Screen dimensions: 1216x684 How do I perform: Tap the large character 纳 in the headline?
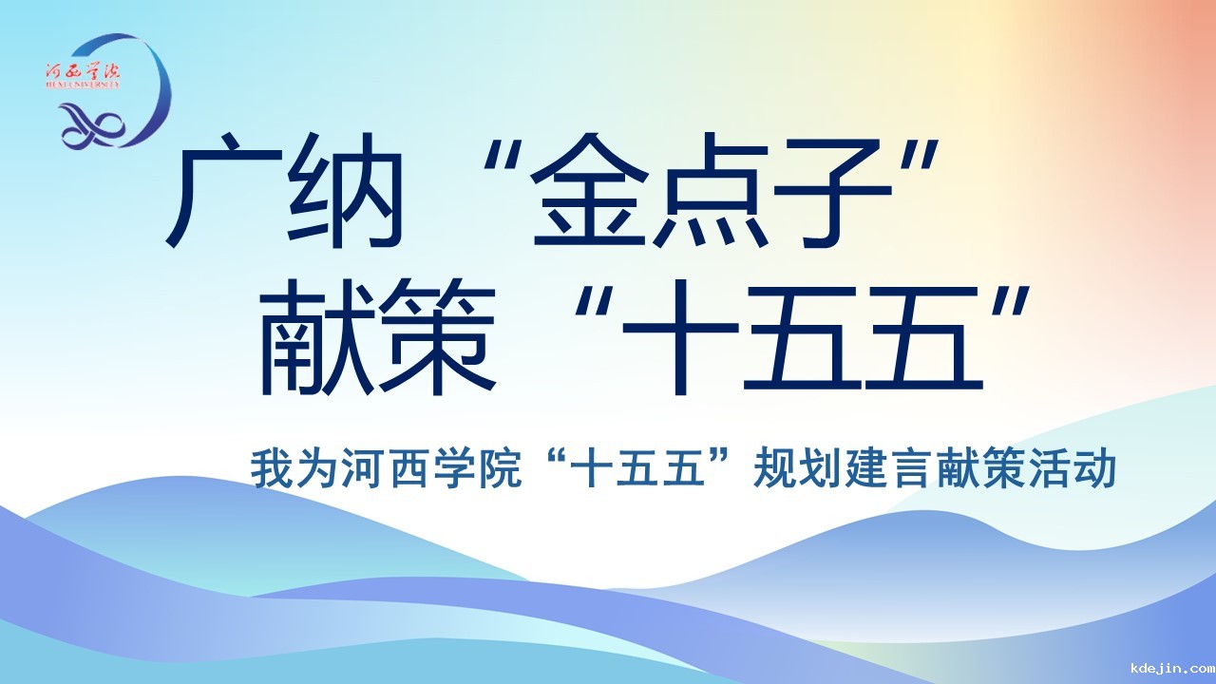pos(345,190)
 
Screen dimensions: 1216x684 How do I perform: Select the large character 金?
pos(590,190)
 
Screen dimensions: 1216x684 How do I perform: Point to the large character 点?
pos(712,190)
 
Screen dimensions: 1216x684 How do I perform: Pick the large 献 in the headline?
pos(317,336)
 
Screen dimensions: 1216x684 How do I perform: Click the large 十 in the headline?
pos(681,336)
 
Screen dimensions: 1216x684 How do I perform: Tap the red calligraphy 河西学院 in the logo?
pos(83,71)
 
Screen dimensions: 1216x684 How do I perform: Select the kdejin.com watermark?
pos(1172,667)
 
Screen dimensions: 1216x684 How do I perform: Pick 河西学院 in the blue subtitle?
pos(431,468)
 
